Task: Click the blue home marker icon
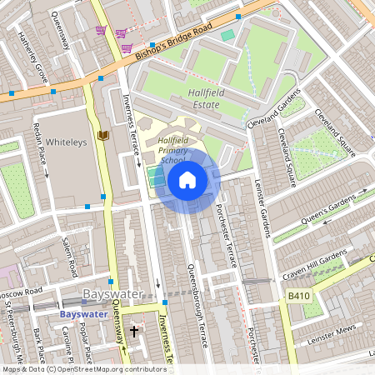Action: tap(187, 180)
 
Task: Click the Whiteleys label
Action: tap(65, 142)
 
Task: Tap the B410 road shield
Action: tap(299, 296)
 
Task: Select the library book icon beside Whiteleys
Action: tap(103, 134)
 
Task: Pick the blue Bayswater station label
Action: tap(84, 314)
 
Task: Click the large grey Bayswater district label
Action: tap(113, 294)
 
